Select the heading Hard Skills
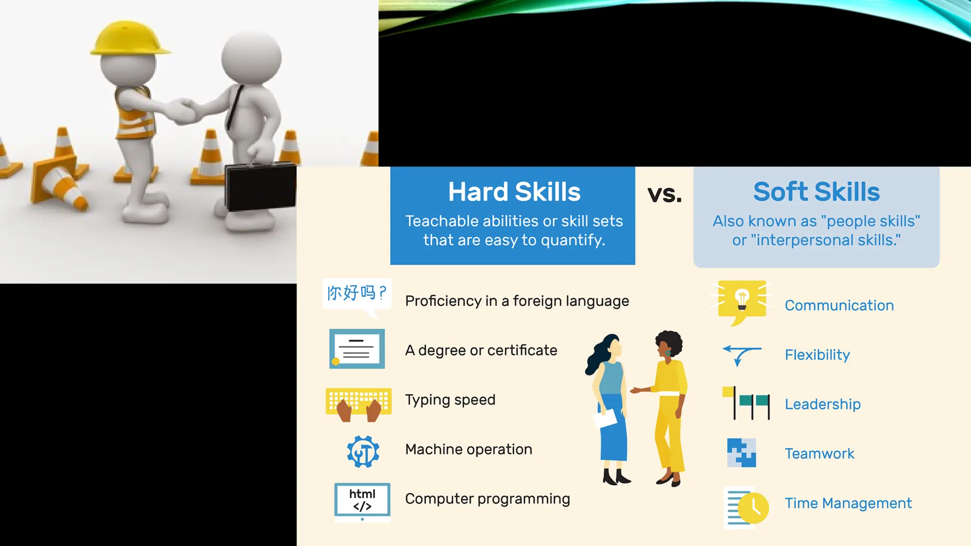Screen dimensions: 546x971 [514, 192]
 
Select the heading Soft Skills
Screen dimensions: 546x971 [816, 192]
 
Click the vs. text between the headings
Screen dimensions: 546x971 [664, 194]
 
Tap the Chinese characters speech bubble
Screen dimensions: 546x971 [357, 294]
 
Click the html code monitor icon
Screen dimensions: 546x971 [362, 500]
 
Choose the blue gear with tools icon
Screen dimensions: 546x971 [363, 452]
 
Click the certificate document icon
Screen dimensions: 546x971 [357, 349]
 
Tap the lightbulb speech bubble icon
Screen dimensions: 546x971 [742, 300]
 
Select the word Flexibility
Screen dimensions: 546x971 [817, 355]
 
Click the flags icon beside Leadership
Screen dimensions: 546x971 [746, 403]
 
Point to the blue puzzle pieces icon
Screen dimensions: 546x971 [741, 453]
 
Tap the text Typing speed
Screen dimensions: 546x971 [450, 400]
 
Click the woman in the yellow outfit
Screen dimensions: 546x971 [669, 408]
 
